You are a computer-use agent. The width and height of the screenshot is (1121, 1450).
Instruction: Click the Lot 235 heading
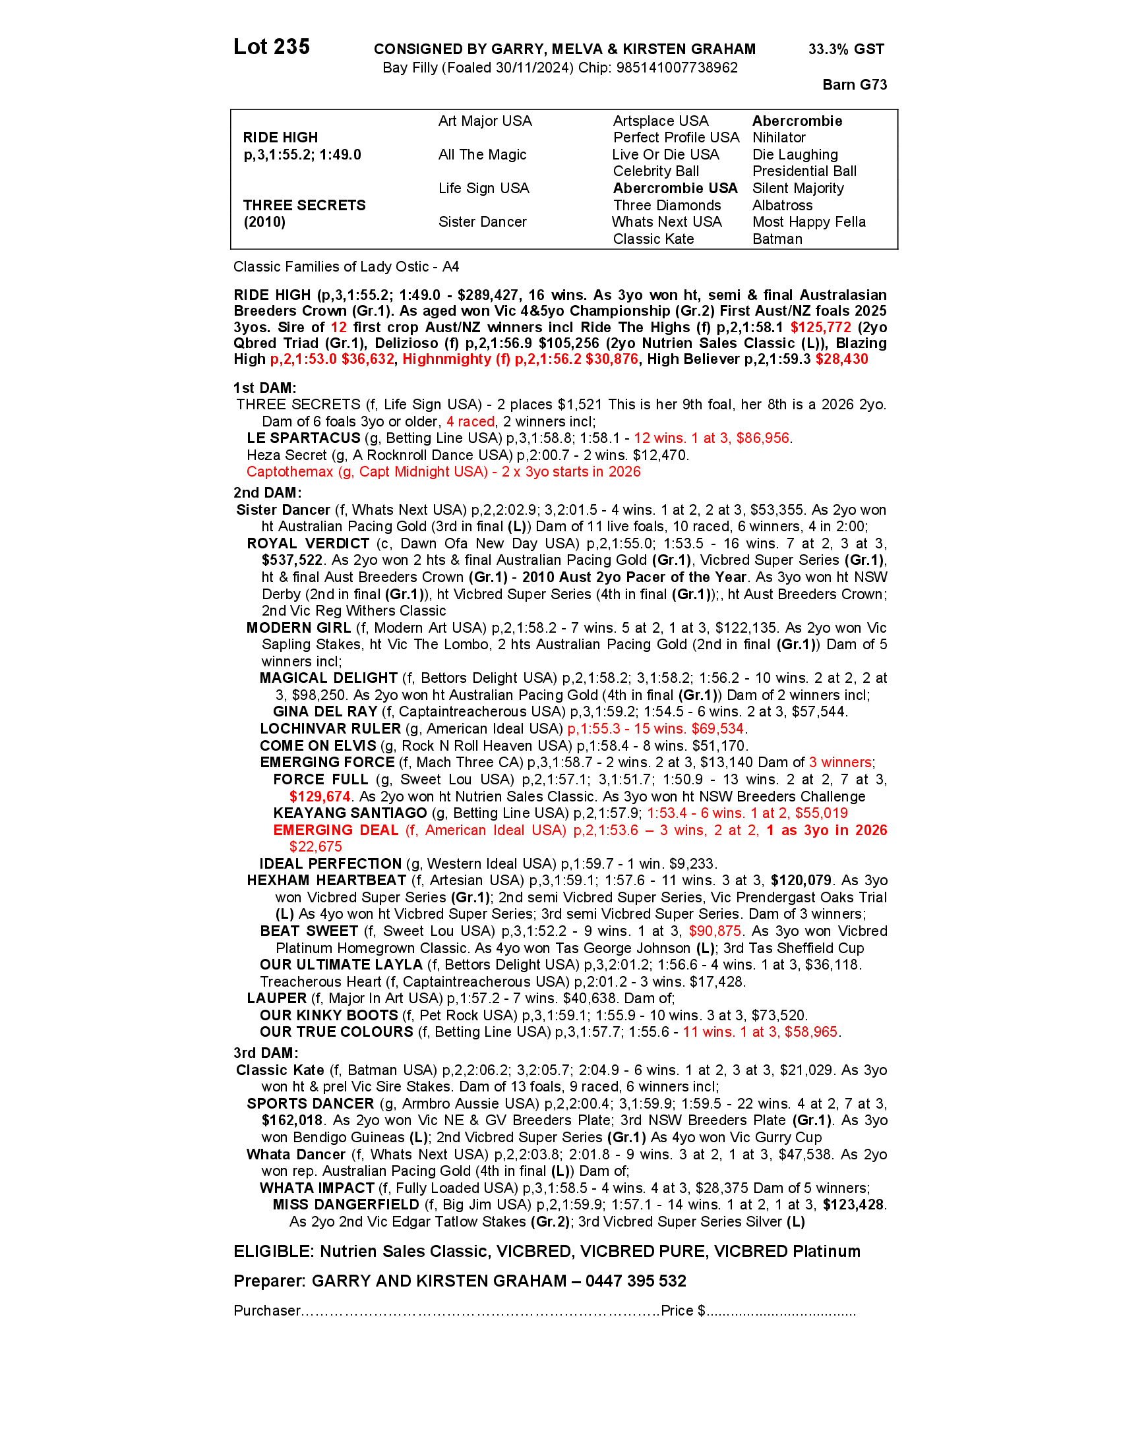(x=272, y=47)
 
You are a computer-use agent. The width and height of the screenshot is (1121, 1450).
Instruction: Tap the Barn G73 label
(x=854, y=84)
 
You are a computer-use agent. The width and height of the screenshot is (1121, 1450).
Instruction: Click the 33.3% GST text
(x=845, y=49)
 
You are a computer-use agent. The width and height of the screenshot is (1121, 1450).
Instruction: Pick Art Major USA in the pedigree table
(x=485, y=121)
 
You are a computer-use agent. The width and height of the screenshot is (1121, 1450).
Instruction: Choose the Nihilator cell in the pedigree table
(x=779, y=138)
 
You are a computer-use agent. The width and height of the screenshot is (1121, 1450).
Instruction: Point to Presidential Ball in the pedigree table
(x=804, y=171)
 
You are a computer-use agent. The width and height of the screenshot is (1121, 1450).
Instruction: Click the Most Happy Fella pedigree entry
(x=809, y=221)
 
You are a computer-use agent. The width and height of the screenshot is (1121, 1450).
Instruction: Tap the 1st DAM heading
(x=265, y=388)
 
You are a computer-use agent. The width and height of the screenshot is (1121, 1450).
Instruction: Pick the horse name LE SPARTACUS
(x=303, y=438)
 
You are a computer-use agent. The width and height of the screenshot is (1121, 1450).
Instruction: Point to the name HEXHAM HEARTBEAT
(x=326, y=881)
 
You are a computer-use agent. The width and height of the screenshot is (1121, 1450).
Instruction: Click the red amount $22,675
(x=315, y=846)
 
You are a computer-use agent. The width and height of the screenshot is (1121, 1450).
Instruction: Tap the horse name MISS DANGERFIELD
(x=346, y=1204)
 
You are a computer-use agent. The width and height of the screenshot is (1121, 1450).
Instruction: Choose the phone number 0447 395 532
(x=636, y=1281)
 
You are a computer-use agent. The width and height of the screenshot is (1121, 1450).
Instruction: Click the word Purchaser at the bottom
(x=267, y=1310)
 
